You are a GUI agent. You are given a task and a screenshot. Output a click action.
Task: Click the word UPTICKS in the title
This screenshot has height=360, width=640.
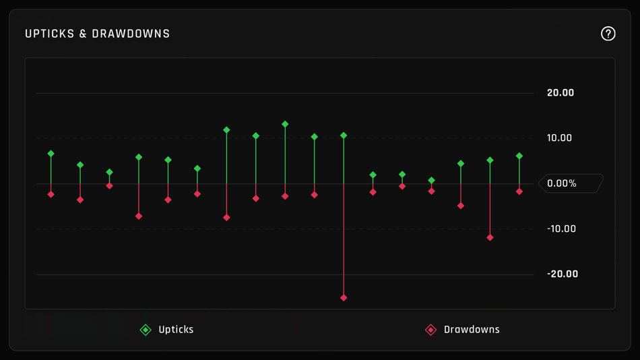tap(49, 34)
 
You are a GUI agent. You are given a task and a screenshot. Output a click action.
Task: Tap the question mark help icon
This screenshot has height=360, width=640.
tap(608, 34)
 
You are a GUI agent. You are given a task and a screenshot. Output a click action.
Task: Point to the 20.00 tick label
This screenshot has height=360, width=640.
tap(561, 93)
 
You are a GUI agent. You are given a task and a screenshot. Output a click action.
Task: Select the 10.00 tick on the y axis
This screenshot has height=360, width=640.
tap(559, 138)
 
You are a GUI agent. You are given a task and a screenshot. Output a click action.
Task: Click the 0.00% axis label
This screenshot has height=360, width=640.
tap(562, 183)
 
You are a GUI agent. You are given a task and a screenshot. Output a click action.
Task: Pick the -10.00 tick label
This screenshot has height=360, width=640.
tap(561, 229)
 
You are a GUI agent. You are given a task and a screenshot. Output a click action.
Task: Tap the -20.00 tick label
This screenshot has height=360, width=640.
tap(562, 274)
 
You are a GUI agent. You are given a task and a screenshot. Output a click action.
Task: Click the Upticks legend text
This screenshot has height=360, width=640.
tap(176, 330)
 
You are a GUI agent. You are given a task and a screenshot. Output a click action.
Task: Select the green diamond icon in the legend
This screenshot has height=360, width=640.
tap(146, 330)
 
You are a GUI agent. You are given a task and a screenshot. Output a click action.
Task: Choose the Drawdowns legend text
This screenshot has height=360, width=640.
tap(472, 330)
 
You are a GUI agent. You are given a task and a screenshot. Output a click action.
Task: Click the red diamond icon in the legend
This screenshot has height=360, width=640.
tap(431, 330)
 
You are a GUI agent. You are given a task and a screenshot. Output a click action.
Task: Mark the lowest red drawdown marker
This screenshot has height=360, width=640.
tap(344, 298)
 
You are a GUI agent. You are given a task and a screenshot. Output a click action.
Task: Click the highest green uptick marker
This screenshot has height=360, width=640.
tap(285, 124)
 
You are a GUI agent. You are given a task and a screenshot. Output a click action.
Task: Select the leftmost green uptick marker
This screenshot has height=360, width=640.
tap(51, 154)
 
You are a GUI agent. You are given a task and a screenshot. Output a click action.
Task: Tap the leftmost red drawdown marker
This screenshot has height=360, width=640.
tap(51, 195)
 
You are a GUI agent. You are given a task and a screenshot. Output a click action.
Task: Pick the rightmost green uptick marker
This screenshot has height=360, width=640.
tap(519, 156)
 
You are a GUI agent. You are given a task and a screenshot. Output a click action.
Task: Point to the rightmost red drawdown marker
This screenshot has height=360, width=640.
tap(519, 192)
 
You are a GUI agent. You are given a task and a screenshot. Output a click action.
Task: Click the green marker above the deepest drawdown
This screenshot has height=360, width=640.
tap(344, 136)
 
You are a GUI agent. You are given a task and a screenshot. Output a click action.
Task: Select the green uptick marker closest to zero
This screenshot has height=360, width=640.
tap(432, 181)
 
